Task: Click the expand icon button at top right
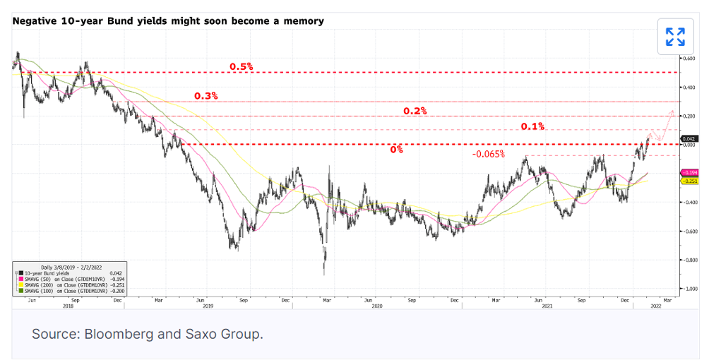pos(675,37)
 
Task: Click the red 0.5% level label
pos(241,66)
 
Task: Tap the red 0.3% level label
pos(206,95)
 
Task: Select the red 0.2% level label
pos(415,111)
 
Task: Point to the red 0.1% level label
pos(532,126)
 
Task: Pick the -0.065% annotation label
pos(488,154)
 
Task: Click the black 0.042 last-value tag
pos(689,139)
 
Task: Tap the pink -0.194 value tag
pos(689,173)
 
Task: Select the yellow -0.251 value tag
pos(689,181)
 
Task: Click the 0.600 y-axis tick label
pos(687,58)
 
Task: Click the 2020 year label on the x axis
pos(376,306)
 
